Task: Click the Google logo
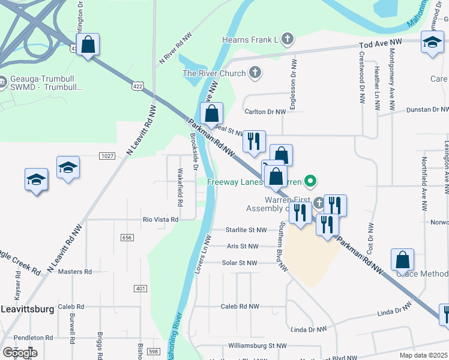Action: pyautogui.click(x=20, y=353)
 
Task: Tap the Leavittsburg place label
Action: pyautogui.click(x=27, y=309)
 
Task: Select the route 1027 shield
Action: pyautogui.click(x=107, y=156)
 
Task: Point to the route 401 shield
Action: pyautogui.click(x=140, y=289)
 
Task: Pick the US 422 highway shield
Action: pyautogui.click(x=138, y=87)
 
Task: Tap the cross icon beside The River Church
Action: pyautogui.click(x=255, y=73)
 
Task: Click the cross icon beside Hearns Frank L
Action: pyautogui.click(x=288, y=40)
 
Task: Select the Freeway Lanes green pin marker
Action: pyautogui.click(x=310, y=180)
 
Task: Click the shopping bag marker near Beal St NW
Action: pyautogui.click(x=211, y=113)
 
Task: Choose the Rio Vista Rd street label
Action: pyautogui.click(x=160, y=220)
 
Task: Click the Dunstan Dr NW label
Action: pyautogui.click(x=427, y=110)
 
